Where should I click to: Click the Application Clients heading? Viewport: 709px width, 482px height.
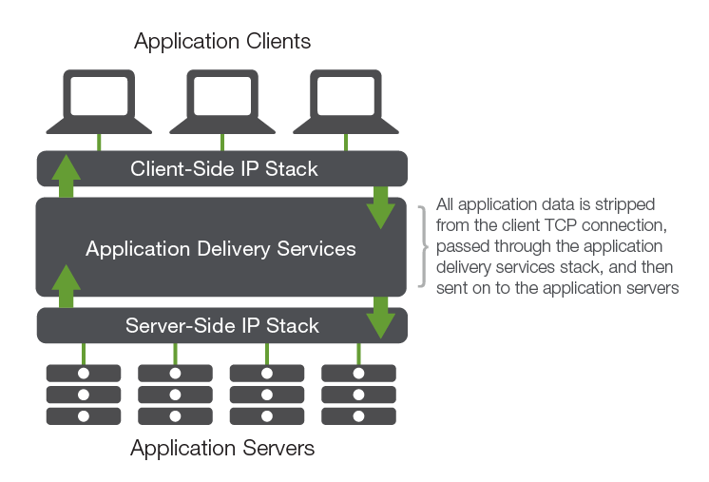222,42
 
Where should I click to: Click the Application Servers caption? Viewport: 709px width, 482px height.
222,448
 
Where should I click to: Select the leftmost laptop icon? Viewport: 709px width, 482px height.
99,102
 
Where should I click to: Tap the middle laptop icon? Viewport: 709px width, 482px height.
222,102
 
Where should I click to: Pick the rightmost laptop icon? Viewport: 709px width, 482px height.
346,102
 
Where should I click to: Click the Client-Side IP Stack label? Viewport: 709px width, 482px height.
224,168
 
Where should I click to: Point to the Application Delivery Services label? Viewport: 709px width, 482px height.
220,249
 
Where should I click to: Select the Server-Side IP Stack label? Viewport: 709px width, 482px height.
222,325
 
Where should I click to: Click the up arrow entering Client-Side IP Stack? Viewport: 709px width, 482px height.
67,176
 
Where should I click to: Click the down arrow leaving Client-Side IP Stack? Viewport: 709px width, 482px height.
381,207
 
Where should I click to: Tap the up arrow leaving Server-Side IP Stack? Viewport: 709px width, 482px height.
67,286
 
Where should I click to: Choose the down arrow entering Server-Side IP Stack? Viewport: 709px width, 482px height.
381,318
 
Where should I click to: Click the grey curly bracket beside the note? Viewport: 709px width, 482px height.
423,246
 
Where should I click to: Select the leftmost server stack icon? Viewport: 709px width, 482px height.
84,395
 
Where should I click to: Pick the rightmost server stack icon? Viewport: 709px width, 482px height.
358,395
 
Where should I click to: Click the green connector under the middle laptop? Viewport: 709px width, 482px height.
222,143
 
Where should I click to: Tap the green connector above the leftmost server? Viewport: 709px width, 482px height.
84,354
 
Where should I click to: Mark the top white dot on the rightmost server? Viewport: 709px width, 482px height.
358,374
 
